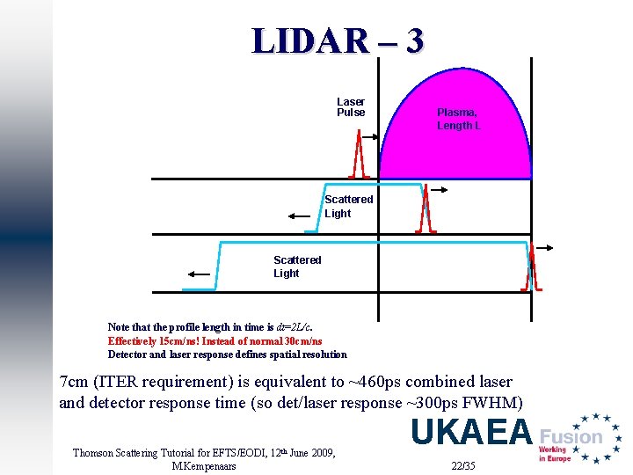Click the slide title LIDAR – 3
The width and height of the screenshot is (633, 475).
click(338, 40)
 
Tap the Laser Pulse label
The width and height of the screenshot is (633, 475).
click(351, 107)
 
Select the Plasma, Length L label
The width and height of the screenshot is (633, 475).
click(458, 119)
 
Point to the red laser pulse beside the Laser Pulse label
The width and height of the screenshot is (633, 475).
click(359, 156)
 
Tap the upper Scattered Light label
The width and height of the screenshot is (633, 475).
click(348, 206)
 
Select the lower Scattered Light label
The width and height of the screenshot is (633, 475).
click(297, 267)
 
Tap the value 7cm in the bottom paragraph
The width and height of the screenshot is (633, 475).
click(72, 382)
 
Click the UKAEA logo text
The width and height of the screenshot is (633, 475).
click(471, 433)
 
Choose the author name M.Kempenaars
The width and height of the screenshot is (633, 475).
click(204, 465)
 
